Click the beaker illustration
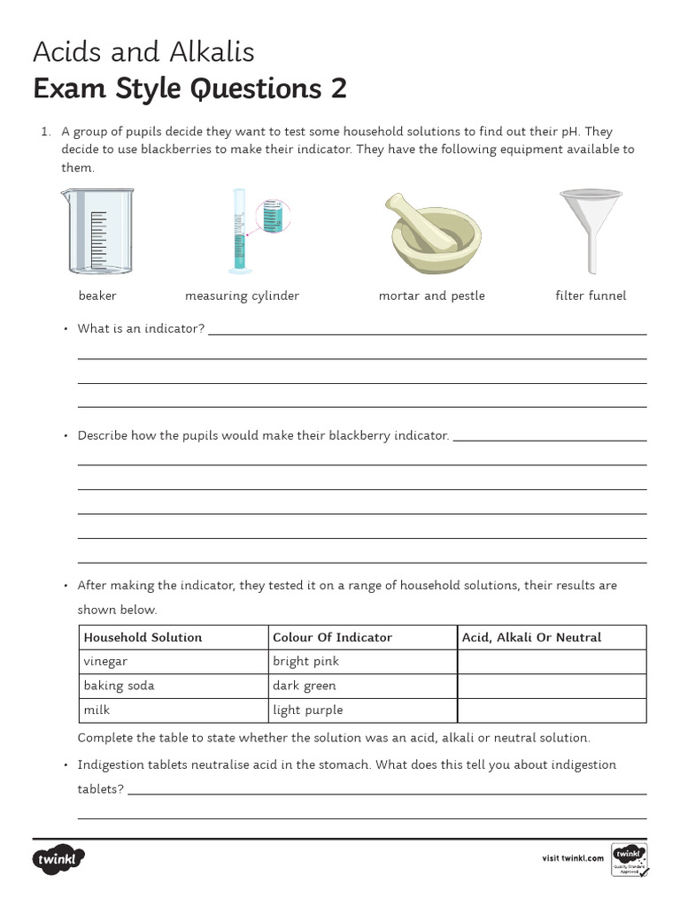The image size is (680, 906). (97, 231)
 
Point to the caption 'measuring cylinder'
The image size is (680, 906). (242, 296)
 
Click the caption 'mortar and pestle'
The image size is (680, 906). (431, 296)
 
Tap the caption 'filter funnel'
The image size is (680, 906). (590, 296)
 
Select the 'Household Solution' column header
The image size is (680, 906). (143, 637)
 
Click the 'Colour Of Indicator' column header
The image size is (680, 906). (332, 637)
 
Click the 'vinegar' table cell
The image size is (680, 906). (105, 661)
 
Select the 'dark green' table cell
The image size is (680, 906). (305, 686)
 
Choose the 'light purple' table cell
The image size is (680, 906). (307, 710)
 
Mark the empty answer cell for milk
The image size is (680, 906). (551, 710)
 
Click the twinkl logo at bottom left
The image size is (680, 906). (59, 859)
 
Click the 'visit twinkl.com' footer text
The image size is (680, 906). (572, 857)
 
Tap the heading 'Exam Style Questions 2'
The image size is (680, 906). (189, 89)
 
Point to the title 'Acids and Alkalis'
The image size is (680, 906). (143, 52)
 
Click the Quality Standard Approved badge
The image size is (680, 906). (630, 859)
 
